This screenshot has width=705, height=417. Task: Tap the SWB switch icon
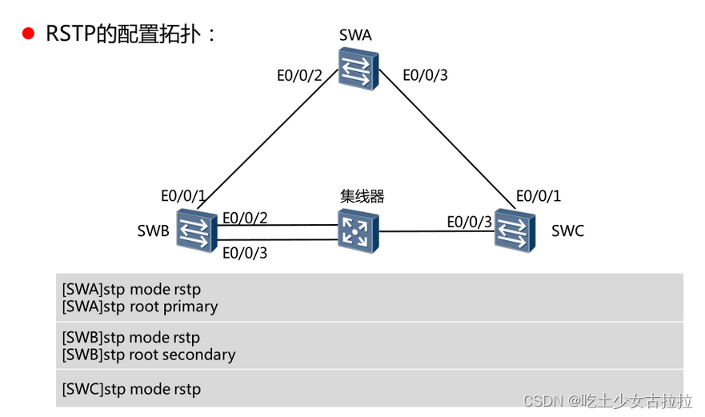coord(196,231)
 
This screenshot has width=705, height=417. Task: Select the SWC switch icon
coord(514,230)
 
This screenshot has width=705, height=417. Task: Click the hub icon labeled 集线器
coord(356,231)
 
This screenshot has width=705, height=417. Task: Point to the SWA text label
coord(355,35)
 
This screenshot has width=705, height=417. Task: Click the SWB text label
coord(153,232)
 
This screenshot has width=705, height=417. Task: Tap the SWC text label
coord(567,231)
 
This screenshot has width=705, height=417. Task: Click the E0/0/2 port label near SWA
coord(298,76)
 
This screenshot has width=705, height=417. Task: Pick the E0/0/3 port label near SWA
coord(425,76)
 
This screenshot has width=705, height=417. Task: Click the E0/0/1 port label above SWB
coord(183,196)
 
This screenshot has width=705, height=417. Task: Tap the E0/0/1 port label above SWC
coord(538,196)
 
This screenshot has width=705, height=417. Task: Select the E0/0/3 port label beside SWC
coord(469,222)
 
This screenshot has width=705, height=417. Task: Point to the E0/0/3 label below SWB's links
coord(245,254)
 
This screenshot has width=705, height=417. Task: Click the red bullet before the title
coord(29,34)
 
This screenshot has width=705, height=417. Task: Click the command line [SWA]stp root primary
coord(140,307)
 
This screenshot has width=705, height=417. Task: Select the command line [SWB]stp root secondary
coord(149,355)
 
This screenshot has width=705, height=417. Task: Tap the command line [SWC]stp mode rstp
coord(131,390)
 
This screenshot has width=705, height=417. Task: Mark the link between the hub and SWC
coord(436,232)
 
